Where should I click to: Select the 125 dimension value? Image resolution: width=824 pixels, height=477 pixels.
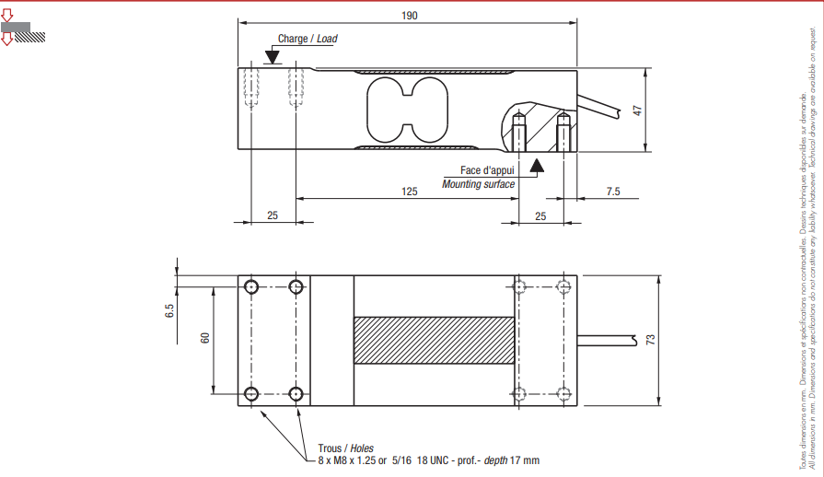[410, 191]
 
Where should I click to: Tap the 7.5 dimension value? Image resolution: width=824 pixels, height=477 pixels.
[613, 191]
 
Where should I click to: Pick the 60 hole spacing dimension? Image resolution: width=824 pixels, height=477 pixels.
[206, 338]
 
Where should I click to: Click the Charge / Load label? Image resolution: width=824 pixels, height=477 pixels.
[307, 40]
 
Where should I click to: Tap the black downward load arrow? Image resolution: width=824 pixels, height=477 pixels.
[272, 56]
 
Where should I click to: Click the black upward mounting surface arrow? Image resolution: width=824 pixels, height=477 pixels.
[537, 164]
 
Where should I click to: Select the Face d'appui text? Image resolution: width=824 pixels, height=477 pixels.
[489, 170]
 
